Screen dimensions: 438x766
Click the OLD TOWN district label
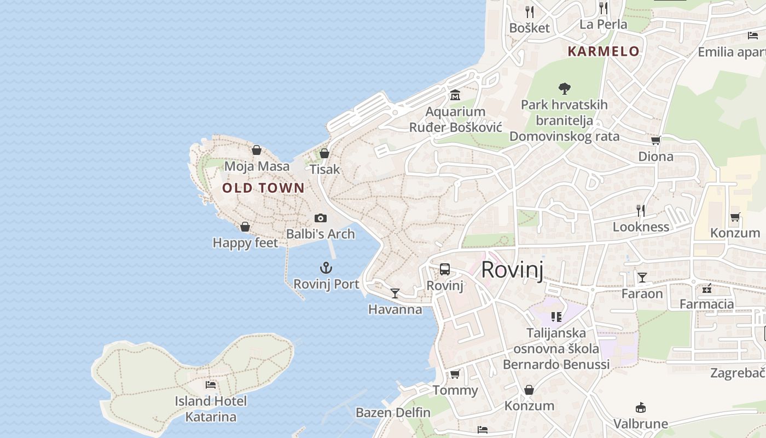(x=263, y=188)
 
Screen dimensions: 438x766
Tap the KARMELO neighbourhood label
(x=603, y=51)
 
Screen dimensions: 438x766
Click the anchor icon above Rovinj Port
(x=326, y=268)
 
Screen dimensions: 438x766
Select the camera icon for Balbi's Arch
(x=321, y=218)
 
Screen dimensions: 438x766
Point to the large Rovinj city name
(x=512, y=270)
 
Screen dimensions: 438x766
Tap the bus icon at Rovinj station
(x=445, y=269)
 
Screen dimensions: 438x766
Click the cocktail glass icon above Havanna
(x=394, y=293)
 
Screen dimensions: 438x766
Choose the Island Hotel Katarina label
(x=211, y=409)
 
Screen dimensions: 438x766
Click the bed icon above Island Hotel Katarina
(x=211, y=385)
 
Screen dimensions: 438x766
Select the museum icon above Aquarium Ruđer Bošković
(x=455, y=95)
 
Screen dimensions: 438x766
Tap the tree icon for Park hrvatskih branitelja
(x=564, y=88)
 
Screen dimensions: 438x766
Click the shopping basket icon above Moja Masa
(x=257, y=150)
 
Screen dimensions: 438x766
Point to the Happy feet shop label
(x=245, y=243)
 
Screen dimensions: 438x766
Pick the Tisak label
(x=325, y=169)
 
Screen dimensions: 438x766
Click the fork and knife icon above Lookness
(x=641, y=210)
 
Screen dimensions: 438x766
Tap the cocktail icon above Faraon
(x=642, y=278)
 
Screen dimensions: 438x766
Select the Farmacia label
(x=706, y=304)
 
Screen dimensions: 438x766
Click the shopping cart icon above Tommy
(x=455, y=374)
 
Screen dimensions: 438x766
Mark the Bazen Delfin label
(x=393, y=412)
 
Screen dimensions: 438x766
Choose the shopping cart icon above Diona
(x=655, y=140)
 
